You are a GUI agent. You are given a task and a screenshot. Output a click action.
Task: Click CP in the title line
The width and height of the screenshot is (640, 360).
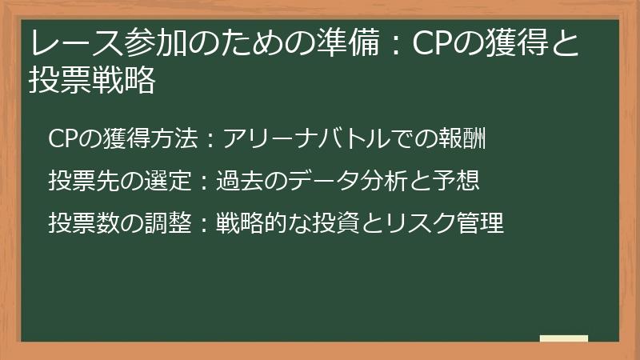click(433, 43)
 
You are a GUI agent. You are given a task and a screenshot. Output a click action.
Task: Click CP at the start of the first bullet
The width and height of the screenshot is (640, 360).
click(63, 138)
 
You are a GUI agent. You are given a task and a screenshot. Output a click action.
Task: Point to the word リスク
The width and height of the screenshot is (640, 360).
click(421, 223)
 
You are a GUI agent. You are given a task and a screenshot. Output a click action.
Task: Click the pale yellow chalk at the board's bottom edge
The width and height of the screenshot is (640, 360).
click(564, 338)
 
